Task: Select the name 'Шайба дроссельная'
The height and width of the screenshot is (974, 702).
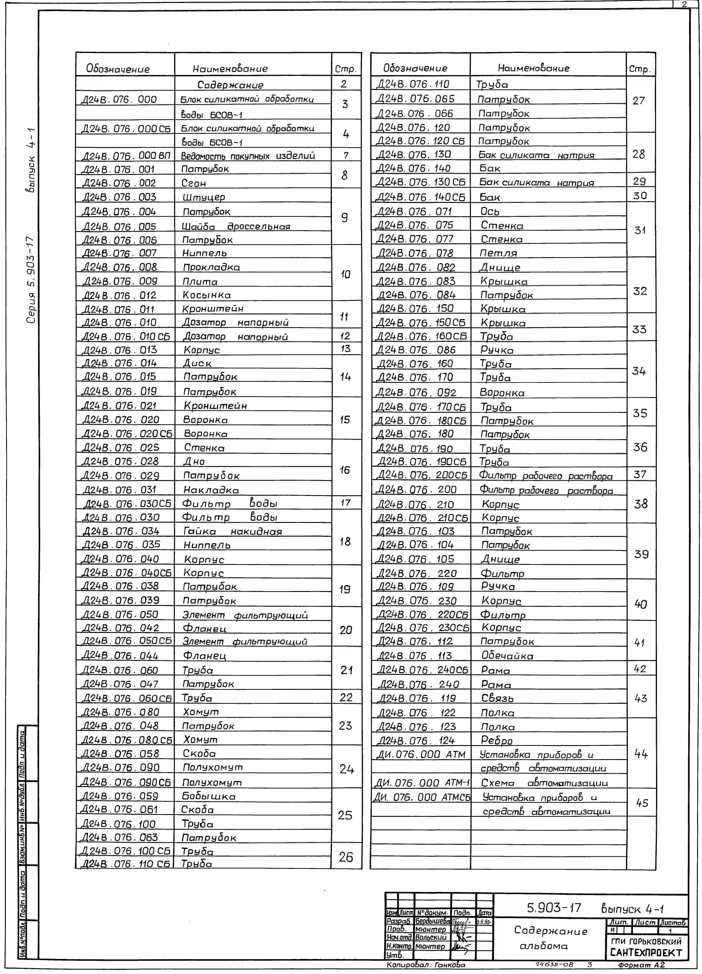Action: pos(236,226)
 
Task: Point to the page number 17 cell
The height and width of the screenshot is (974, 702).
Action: pos(346,502)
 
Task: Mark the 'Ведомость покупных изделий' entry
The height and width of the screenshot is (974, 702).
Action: pos(248,155)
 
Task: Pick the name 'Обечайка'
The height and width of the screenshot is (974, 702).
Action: pos(507,656)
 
